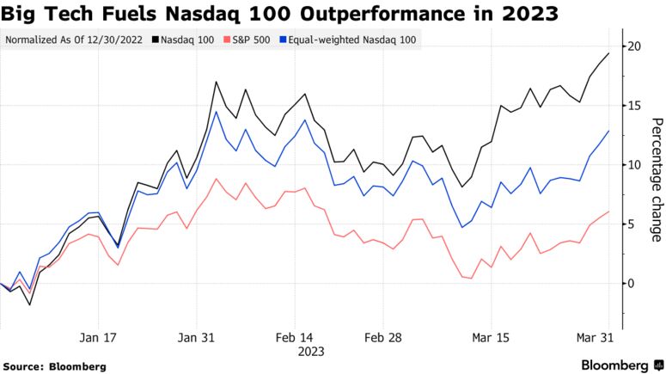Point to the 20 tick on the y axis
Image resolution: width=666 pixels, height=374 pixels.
(633, 46)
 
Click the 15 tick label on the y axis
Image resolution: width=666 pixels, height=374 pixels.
(633, 106)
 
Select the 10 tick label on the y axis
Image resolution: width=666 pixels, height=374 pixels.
(633, 165)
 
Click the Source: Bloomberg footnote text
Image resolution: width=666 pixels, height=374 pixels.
(54, 366)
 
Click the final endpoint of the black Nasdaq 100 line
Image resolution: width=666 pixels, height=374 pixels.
(609, 53)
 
